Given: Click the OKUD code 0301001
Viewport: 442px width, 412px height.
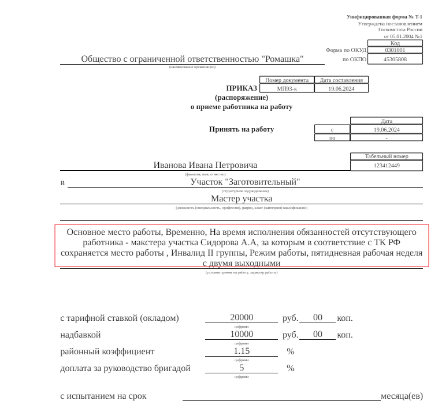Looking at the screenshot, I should coord(395,50).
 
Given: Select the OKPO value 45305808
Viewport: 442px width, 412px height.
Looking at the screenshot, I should coord(395,59).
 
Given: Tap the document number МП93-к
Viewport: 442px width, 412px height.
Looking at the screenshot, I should coord(287,88).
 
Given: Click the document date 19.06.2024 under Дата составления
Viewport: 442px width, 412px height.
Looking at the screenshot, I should coord(341,88).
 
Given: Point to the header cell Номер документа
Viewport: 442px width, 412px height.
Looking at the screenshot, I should coord(287,80).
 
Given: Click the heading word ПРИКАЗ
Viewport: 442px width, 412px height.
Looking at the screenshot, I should coord(242,88).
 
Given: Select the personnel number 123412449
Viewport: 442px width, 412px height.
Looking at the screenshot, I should coord(387,166).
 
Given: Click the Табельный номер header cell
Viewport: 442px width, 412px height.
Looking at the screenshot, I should coord(387,156).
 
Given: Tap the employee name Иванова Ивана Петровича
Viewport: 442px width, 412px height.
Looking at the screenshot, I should coord(205,165).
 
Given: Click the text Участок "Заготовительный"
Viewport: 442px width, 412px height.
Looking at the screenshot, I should coord(246,182).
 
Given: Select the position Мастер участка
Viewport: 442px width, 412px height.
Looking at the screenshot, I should coord(242,199).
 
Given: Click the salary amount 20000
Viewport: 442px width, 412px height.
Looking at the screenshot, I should coord(242,318).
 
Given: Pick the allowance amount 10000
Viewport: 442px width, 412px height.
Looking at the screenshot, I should coord(242,335).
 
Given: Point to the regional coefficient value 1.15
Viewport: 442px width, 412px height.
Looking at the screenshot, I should coord(242,351).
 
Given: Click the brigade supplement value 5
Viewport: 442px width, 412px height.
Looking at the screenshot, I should coord(242,368).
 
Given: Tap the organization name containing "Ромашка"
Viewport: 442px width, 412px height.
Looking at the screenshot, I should coord(192,59).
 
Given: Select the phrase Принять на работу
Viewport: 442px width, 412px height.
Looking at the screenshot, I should coord(242,129).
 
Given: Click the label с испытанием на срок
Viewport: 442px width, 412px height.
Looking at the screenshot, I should coord(103,396).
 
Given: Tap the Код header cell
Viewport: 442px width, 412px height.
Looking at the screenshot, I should coord(395,43).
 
